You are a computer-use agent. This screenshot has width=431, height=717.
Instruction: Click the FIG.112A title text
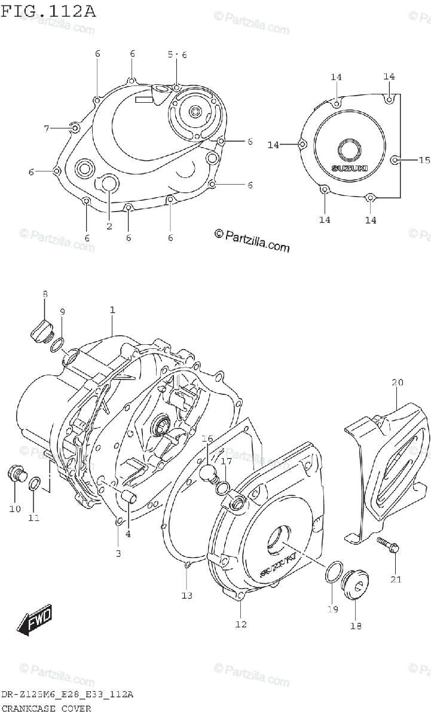[48, 10]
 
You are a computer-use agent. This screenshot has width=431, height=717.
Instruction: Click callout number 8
[45, 294]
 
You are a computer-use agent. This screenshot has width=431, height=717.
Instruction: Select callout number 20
[398, 382]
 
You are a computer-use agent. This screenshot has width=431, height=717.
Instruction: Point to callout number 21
[396, 579]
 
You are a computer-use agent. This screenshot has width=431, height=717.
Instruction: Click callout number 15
[424, 160]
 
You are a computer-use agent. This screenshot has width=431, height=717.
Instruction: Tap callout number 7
[46, 128]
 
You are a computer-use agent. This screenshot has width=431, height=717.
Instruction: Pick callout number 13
[187, 595]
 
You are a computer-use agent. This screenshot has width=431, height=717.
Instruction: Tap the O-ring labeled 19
[332, 572]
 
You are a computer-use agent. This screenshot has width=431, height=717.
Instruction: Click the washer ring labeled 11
[35, 482]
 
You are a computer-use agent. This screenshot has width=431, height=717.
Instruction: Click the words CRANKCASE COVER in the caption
[46, 709]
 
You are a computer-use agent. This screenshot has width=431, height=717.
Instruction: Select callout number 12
[240, 624]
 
